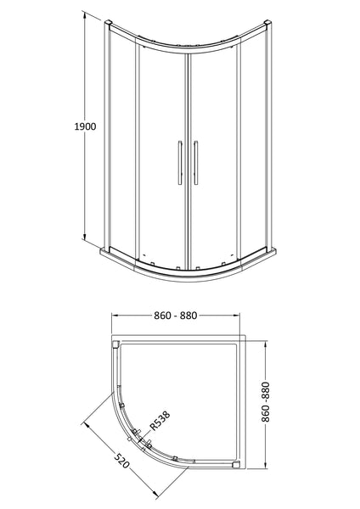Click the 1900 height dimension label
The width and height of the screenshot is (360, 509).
click(x=83, y=126)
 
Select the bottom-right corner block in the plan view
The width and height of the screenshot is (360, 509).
click(x=237, y=465)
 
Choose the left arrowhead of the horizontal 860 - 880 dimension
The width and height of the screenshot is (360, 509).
click(x=115, y=327)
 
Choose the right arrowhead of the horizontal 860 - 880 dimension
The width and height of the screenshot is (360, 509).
click(x=244, y=327)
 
